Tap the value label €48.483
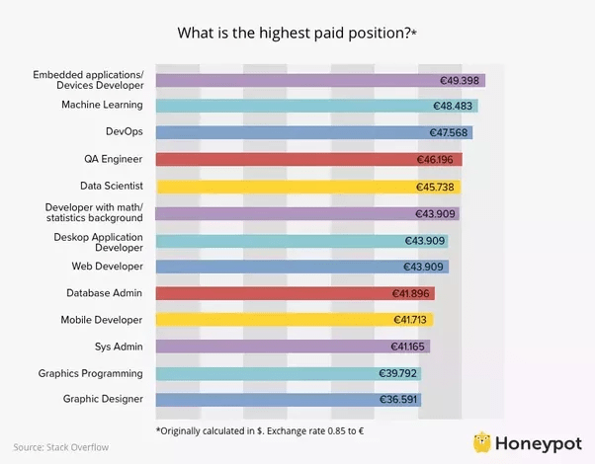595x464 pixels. [454, 106]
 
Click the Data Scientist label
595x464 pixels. [112, 186]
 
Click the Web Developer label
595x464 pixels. [107, 267]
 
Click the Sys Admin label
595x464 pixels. [121, 347]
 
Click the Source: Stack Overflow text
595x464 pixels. [61, 447]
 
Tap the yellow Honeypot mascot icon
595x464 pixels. [483, 440]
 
